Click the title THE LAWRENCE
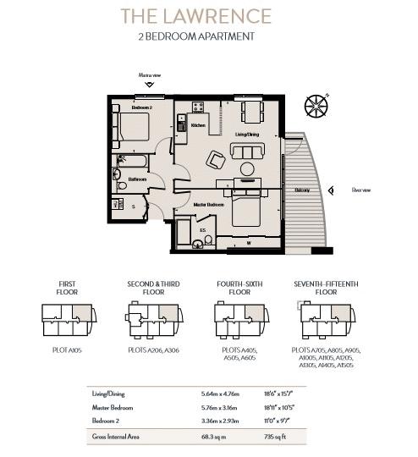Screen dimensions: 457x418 tap(195, 16)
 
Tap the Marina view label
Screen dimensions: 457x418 tap(149, 76)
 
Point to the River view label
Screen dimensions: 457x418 tap(362, 190)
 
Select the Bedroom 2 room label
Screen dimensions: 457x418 tap(141, 107)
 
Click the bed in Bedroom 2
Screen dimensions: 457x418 tap(134, 128)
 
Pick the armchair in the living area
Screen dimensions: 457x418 tap(215, 159)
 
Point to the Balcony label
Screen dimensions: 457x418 tap(302, 190)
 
